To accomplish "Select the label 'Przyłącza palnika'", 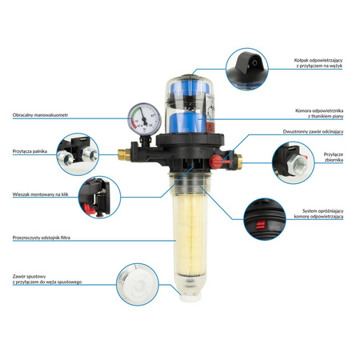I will click(30, 150).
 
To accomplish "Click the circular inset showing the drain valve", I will click(138, 284).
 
